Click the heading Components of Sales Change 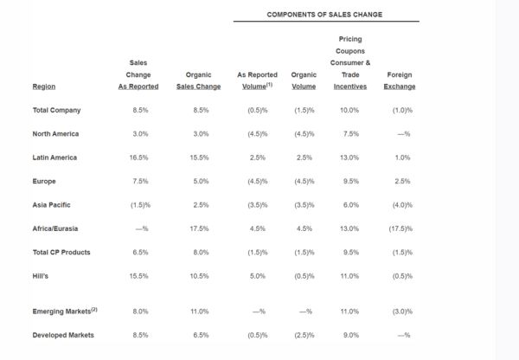(324, 15)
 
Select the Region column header (44, 87)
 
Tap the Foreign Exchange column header (400, 80)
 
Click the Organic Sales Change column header (198, 80)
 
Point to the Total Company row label (56, 110)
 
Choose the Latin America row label (54, 157)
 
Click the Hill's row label (41, 276)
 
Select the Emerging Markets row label (65, 311)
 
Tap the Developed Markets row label (63, 335)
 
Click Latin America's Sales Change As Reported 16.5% (138, 157)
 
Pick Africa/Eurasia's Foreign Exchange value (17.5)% (400, 228)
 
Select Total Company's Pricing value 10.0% (349, 110)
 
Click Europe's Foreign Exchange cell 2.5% (402, 181)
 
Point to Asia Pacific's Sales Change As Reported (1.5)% (140, 205)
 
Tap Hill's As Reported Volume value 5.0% (258, 276)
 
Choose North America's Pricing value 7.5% (351, 134)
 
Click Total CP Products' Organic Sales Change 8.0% (201, 253)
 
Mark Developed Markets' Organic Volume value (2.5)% (304, 335)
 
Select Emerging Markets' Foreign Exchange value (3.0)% (402, 312)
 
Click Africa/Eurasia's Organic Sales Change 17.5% (199, 228)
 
